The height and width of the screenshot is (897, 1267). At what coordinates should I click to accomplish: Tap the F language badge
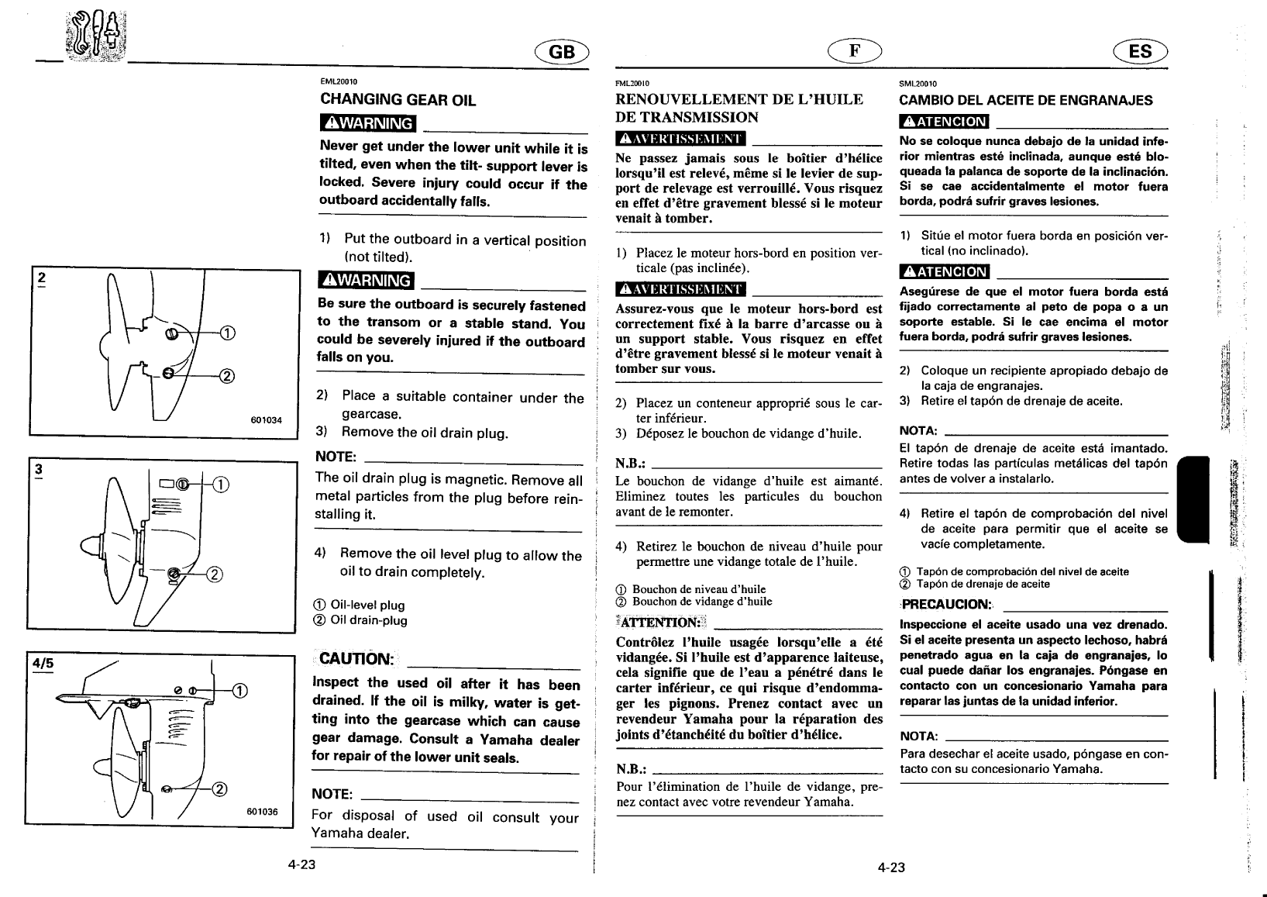click(854, 50)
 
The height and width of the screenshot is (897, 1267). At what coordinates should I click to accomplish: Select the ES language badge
click(1140, 52)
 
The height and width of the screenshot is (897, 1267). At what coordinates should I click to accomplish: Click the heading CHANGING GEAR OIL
click(398, 100)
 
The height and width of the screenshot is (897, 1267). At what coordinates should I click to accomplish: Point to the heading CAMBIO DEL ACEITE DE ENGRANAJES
click(1025, 100)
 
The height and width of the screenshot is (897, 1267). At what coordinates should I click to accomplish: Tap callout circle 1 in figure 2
click(227, 334)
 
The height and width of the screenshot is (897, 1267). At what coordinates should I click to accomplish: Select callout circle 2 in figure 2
click(227, 377)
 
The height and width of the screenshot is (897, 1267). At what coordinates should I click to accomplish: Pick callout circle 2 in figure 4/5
click(219, 790)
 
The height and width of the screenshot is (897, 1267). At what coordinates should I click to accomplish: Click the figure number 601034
click(267, 420)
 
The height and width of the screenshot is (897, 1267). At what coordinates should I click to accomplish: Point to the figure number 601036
click(263, 812)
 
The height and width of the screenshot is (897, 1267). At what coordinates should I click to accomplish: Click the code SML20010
click(918, 84)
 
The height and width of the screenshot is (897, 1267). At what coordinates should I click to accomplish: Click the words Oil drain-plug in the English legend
click(369, 620)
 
